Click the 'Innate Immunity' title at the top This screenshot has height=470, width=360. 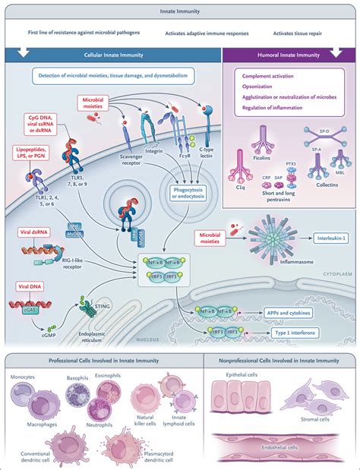180,8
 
